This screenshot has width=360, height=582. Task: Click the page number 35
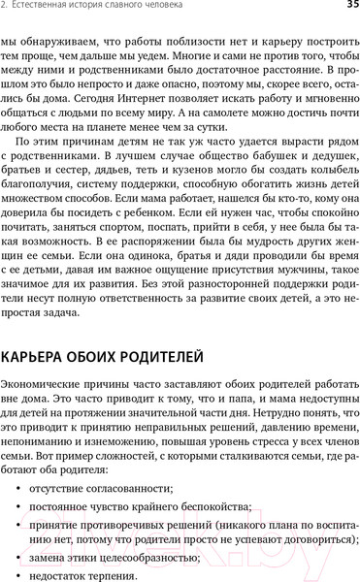tap(347, 8)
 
